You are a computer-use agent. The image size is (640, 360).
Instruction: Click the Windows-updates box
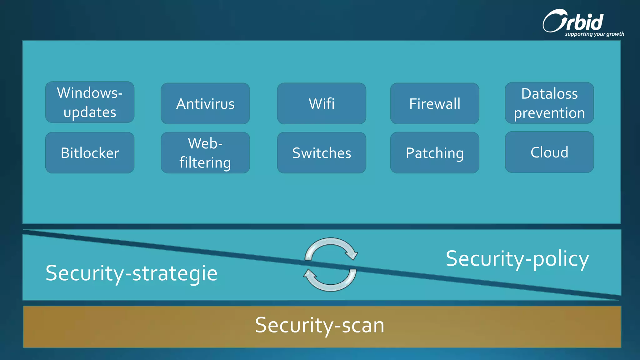[x=90, y=102]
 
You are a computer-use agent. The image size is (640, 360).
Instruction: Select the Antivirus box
[x=205, y=103]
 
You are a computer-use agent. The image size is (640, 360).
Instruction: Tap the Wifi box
[x=321, y=103]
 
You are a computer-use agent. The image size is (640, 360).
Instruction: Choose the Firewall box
[x=434, y=103]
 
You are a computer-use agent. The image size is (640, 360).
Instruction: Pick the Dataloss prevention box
[x=549, y=103]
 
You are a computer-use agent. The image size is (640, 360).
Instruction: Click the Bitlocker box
[x=90, y=152]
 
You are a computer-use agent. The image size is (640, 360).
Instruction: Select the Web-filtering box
[x=205, y=152]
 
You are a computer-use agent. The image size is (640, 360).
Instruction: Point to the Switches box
[x=321, y=152]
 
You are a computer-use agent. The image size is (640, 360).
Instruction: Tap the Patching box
[x=434, y=152]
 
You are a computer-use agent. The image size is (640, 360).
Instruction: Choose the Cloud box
[x=549, y=152]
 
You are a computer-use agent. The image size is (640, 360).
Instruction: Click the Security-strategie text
[x=131, y=273]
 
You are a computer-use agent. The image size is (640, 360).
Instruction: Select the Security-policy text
[x=517, y=259]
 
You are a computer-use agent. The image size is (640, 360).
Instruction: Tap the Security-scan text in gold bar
[x=319, y=325]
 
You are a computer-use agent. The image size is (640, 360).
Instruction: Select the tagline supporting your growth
[x=594, y=34]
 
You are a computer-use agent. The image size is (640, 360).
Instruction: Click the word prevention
[x=549, y=113]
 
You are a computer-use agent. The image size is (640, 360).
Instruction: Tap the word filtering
[x=205, y=163]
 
